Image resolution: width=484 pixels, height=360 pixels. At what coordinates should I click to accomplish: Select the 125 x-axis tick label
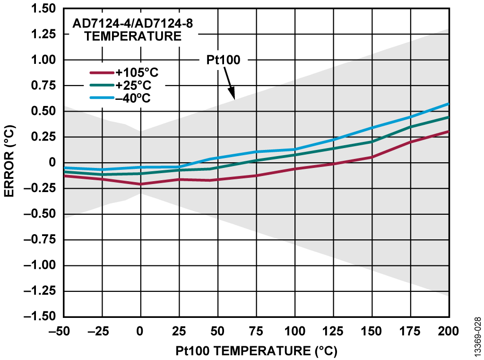(333, 331)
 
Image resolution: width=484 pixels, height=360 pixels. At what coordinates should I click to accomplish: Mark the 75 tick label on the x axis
(256, 331)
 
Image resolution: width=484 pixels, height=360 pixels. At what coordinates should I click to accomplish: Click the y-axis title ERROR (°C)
(10, 163)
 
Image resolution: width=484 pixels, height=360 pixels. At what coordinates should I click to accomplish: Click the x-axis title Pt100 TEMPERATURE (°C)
(256, 351)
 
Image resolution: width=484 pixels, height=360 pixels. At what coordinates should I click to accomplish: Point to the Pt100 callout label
(224, 60)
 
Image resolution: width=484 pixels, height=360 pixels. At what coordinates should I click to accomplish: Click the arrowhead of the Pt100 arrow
(233, 98)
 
